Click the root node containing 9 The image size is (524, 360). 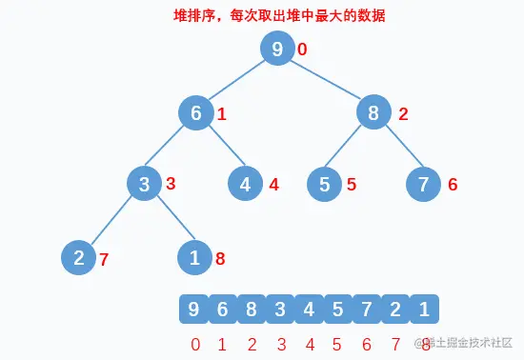277,50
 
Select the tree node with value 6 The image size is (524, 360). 196,113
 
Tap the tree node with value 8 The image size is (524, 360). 374,113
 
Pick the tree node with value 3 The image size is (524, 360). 145,184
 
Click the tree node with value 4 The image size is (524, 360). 246,184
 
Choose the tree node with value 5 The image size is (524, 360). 325,184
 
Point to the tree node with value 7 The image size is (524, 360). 424,184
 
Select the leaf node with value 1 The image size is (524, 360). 195,256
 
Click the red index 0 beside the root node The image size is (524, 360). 302,50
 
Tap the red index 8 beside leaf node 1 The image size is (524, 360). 220,257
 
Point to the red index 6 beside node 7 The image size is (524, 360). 453,185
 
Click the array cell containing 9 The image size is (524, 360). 194,309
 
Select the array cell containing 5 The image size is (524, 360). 338,309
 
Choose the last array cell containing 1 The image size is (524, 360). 425,309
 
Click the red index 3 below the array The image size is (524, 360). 281,344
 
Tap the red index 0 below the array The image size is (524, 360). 195,344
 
